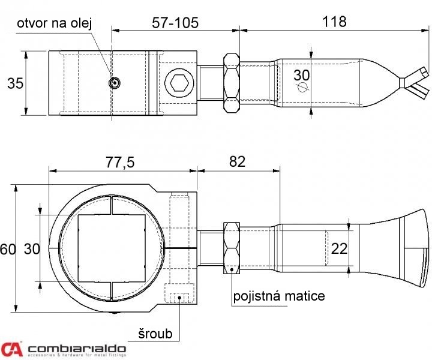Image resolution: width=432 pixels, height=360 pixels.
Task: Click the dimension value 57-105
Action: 175,23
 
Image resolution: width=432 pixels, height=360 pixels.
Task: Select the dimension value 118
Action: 334,22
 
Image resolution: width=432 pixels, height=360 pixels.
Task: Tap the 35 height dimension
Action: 15,83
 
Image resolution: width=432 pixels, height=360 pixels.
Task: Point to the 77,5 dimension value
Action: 120,162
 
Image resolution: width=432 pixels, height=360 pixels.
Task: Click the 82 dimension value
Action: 237,161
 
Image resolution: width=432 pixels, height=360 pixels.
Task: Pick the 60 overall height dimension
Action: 8,250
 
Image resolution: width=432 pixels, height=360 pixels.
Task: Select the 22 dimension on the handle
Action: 339,249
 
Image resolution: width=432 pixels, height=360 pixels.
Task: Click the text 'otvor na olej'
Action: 54,23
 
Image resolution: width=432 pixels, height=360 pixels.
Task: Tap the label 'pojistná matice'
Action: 279,296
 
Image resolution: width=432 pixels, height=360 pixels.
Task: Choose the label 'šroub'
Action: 155,334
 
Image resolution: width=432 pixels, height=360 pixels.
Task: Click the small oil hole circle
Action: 114,83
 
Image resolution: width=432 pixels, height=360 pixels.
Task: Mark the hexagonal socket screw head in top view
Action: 179,83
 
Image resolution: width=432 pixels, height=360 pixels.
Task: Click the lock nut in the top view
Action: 232,83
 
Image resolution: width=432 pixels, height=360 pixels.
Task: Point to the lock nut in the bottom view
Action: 232,248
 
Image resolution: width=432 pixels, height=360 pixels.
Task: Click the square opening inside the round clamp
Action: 112,248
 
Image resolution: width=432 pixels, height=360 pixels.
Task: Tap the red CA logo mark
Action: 11,349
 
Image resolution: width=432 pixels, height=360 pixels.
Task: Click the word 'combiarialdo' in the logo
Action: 77,349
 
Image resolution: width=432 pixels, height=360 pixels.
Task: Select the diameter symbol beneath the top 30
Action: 302,87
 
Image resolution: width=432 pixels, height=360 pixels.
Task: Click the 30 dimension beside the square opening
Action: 32,249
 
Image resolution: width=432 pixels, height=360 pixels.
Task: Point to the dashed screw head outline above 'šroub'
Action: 179,293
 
